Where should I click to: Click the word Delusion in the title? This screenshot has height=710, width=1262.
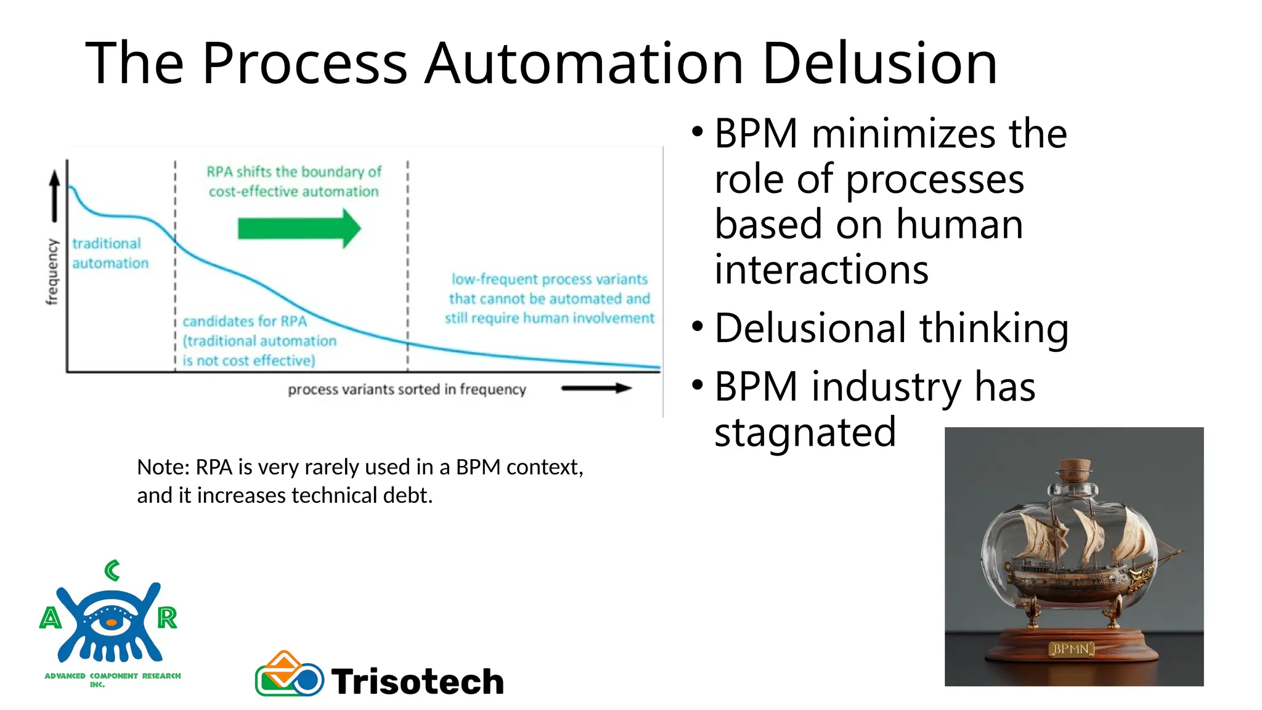point(879,63)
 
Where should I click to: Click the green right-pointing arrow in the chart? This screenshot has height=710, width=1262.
point(299,229)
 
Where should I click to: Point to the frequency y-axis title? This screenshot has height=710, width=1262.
point(52,272)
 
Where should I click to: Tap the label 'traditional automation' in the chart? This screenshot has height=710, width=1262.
point(110,253)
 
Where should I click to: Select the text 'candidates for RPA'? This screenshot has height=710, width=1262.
point(245,321)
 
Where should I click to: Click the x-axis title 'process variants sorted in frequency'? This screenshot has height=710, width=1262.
point(407,390)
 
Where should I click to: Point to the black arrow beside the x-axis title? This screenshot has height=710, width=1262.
point(596,388)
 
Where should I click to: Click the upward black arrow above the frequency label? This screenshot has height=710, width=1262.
point(55,195)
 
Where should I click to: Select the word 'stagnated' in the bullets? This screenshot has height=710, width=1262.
point(805,432)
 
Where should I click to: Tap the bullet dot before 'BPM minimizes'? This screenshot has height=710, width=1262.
point(698,131)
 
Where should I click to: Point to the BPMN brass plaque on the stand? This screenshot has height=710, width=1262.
point(1071,649)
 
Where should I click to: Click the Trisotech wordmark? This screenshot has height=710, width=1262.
point(418,682)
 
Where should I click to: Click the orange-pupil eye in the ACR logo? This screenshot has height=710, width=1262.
point(111,622)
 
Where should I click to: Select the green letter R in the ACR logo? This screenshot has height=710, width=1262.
point(167,618)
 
